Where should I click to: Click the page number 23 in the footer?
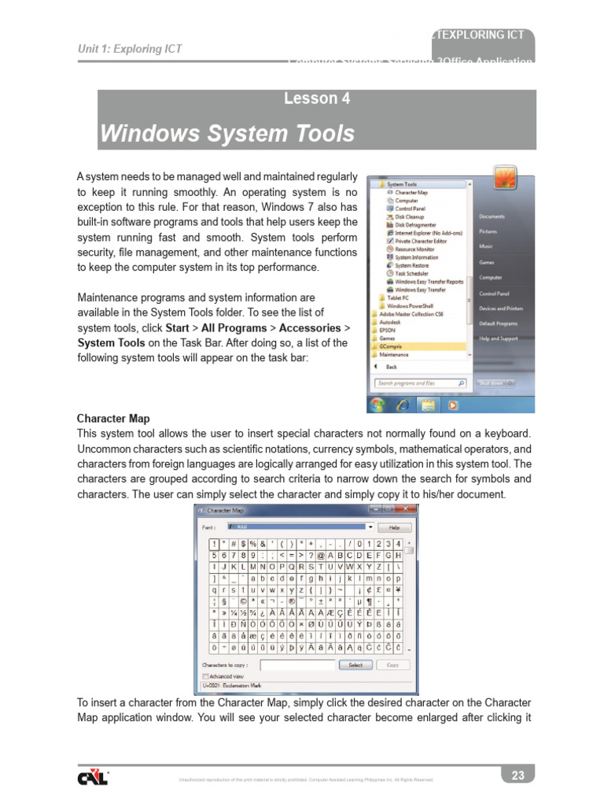(x=517, y=775)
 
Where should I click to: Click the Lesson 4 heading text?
(x=317, y=99)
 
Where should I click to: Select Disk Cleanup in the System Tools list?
(x=409, y=216)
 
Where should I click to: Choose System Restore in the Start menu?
(x=411, y=265)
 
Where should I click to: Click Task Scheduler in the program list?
(x=412, y=273)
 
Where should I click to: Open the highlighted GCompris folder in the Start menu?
(x=390, y=346)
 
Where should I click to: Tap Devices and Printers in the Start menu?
(x=501, y=309)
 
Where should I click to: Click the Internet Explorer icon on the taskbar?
(x=403, y=405)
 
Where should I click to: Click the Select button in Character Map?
(x=355, y=664)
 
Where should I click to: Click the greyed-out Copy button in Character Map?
(x=393, y=664)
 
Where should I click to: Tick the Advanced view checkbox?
(x=206, y=675)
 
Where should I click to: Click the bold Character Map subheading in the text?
(x=113, y=419)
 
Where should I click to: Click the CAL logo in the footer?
(x=93, y=778)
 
